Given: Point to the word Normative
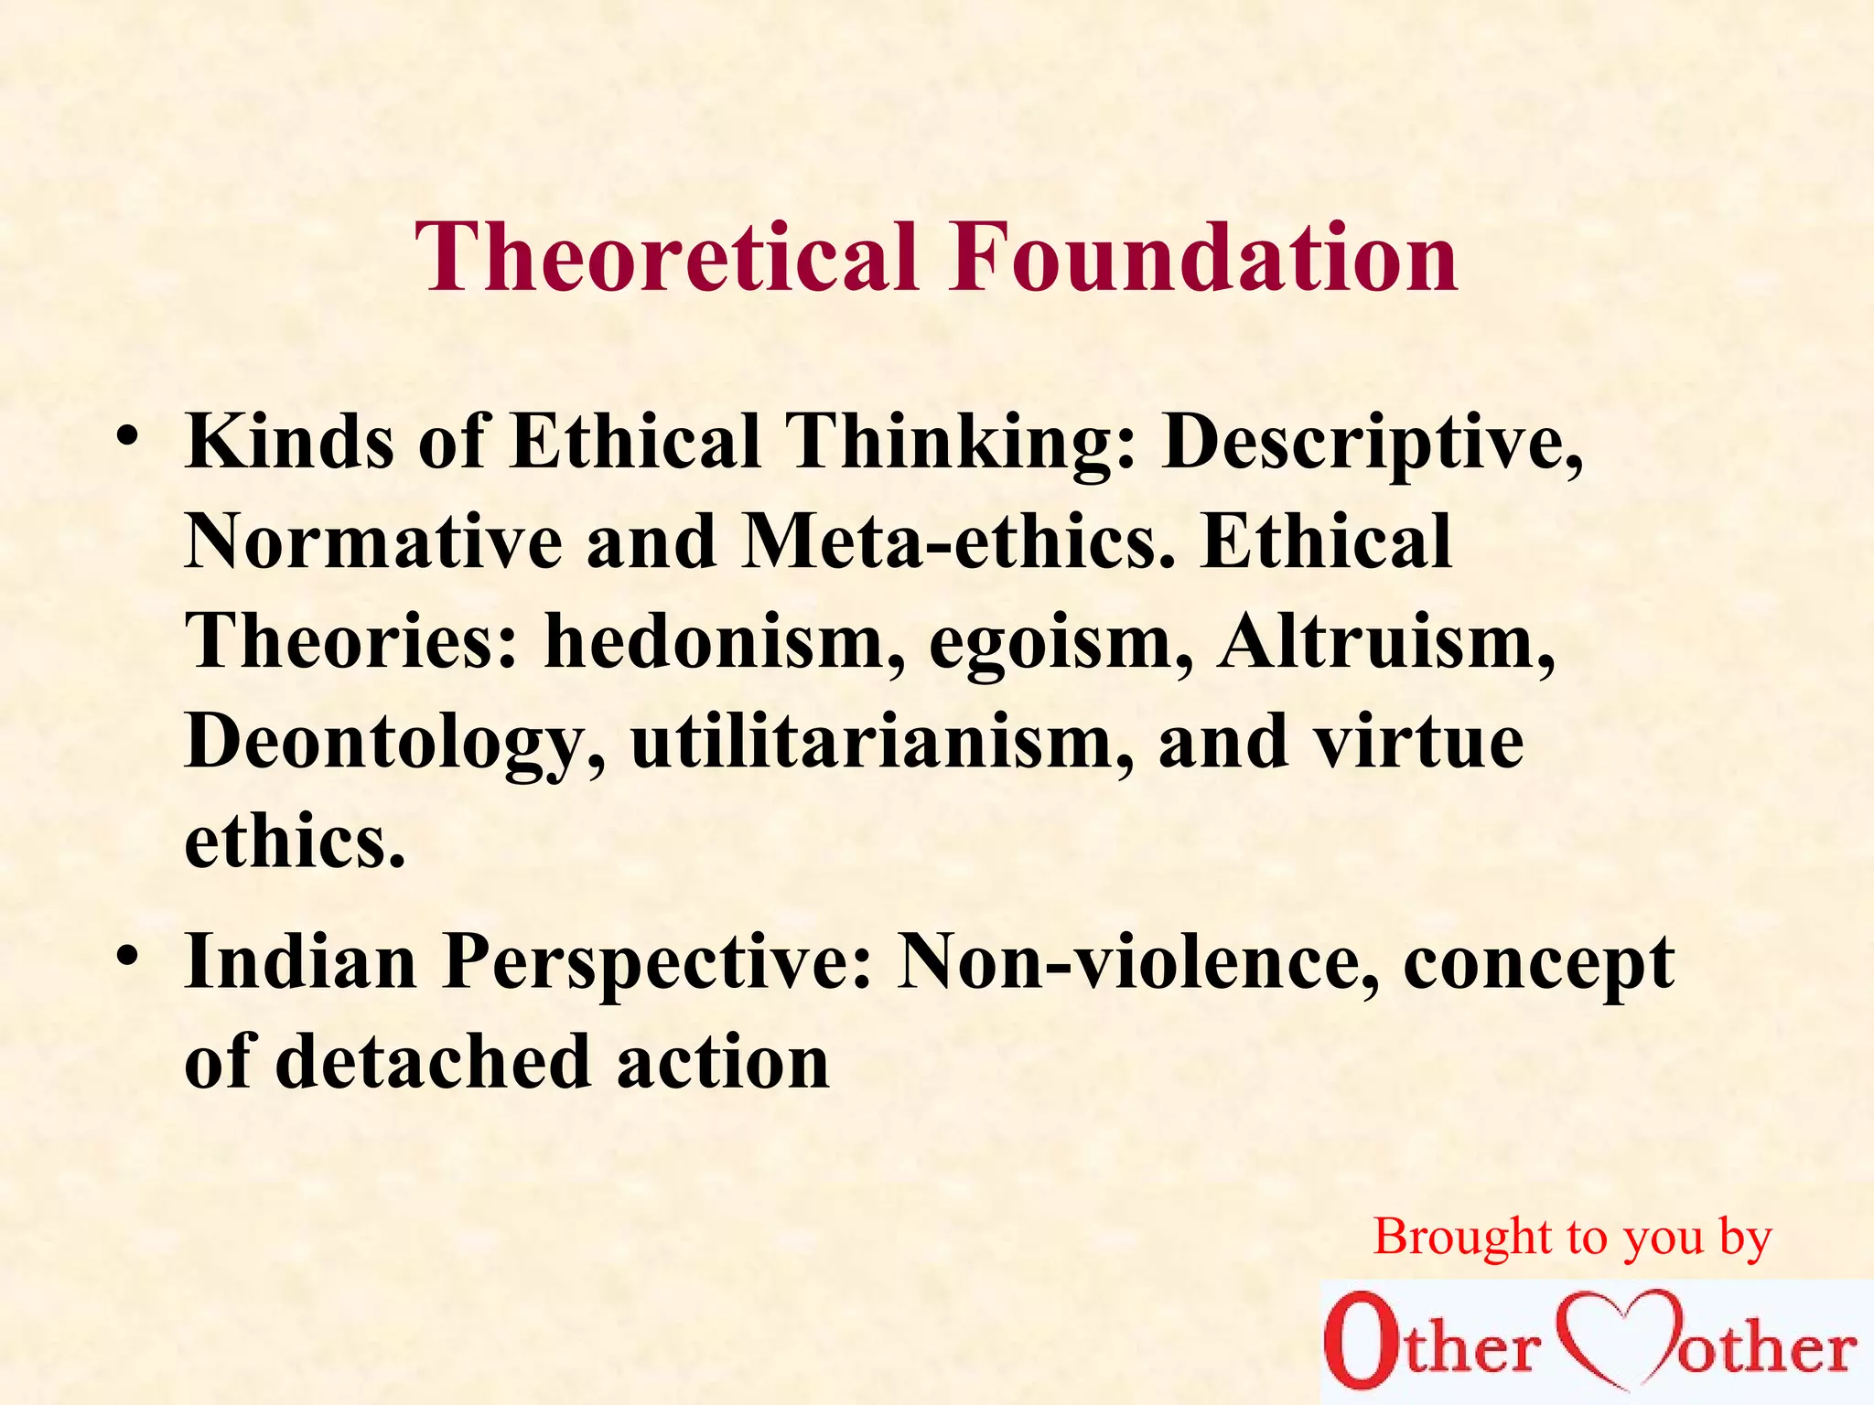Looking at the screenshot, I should click(x=373, y=542).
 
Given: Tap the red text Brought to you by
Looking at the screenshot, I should click(x=1572, y=1239).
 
